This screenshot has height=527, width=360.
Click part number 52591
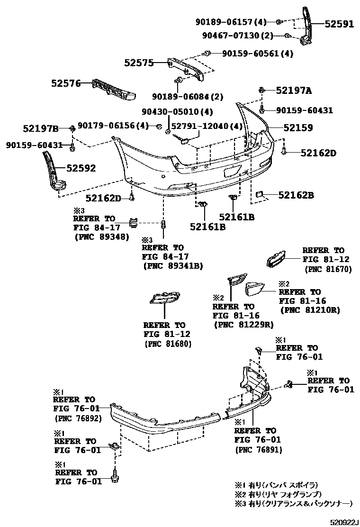click(x=339, y=24)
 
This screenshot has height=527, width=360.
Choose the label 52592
click(x=81, y=168)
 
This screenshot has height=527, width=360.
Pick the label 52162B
click(x=296, y=194)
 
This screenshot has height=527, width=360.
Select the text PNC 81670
click(x=326, y=268)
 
